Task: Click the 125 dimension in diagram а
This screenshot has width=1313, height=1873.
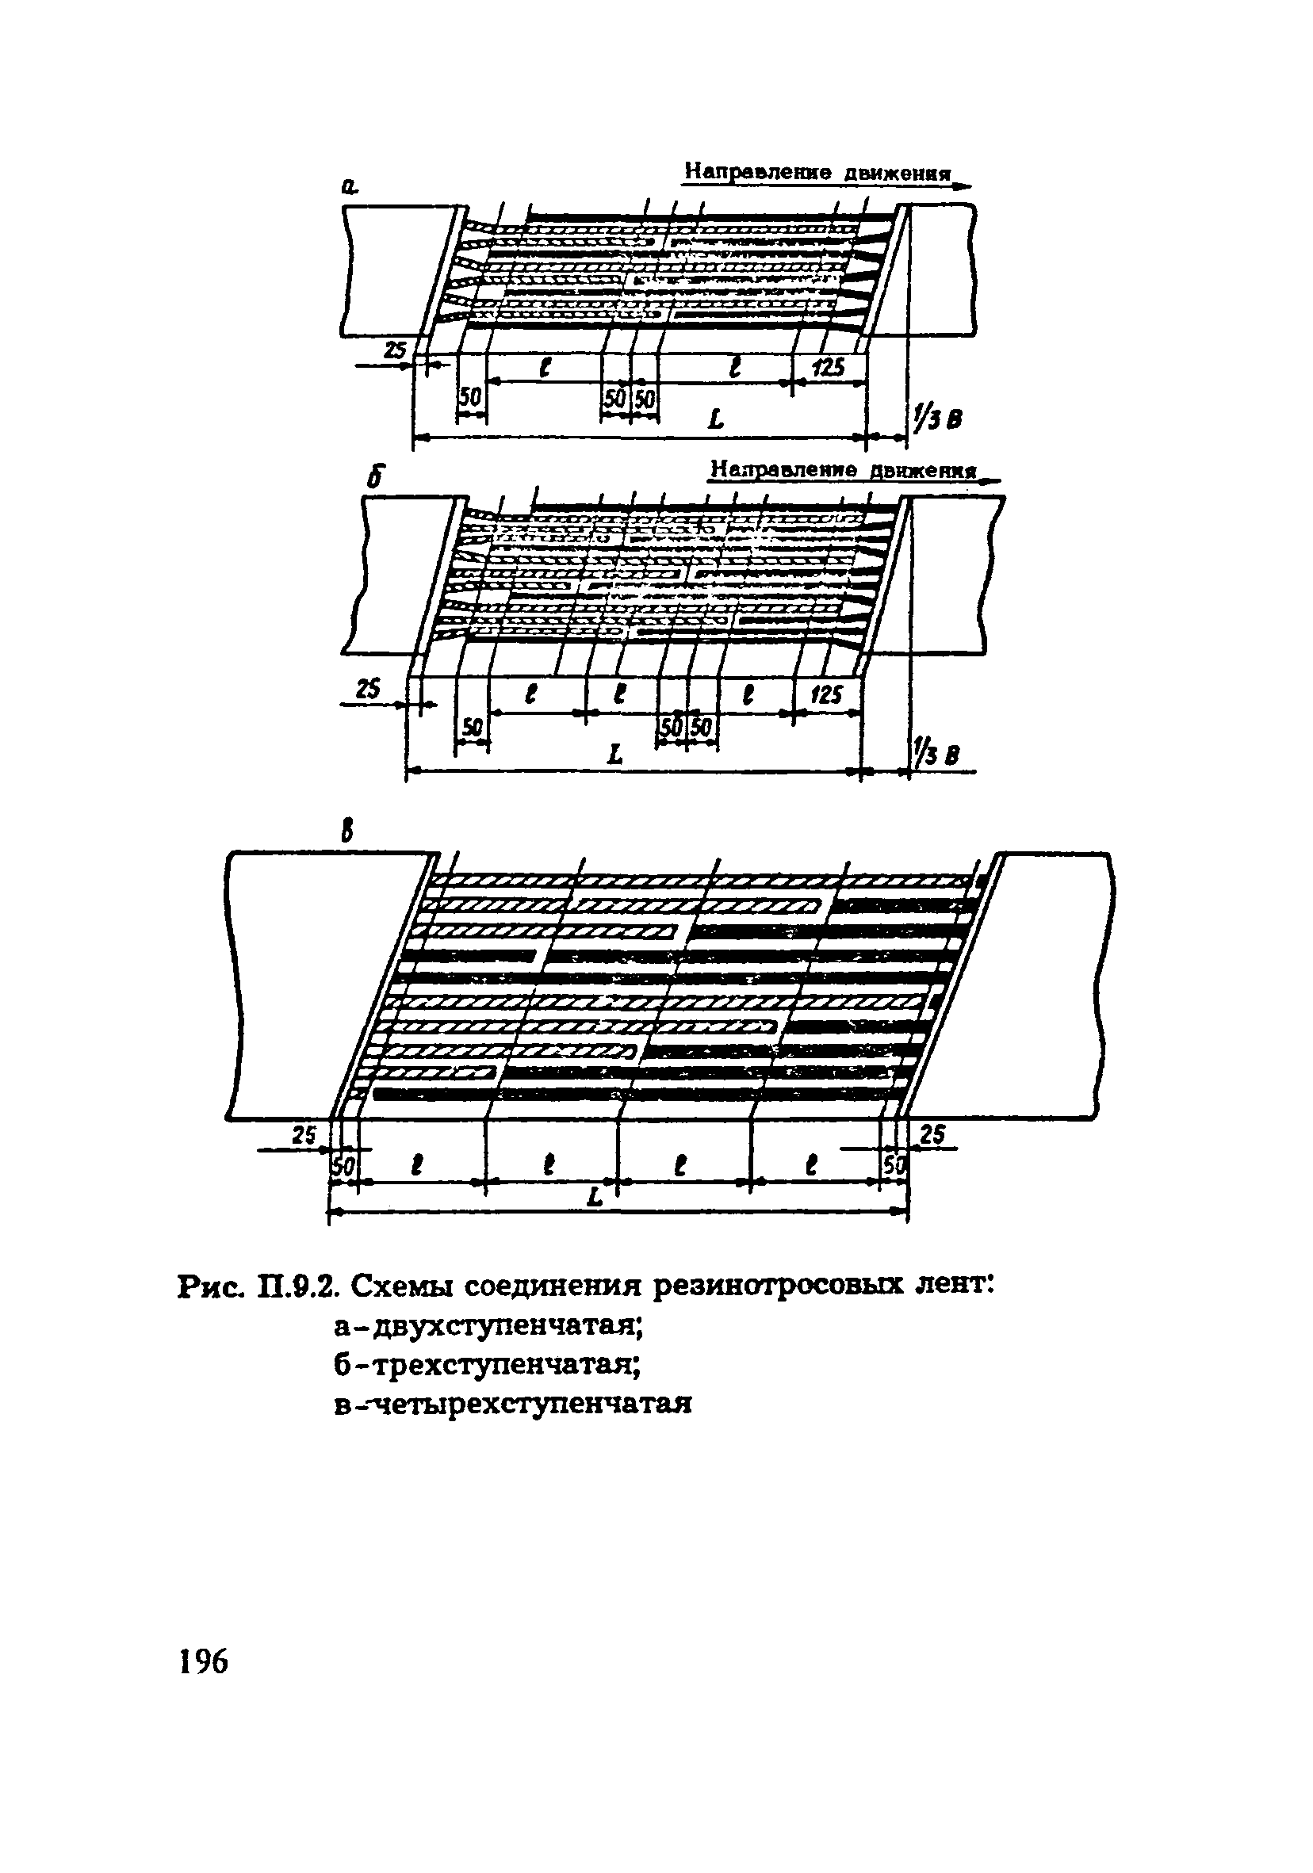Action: tap(828, 367)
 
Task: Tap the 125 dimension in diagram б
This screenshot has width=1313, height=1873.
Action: tap(826, 694)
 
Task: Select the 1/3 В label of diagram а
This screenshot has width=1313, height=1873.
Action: tap(937, 419)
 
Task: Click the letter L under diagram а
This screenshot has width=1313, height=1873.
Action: tap(716, 420)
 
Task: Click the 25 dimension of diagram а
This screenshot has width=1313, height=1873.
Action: tap(395, 351)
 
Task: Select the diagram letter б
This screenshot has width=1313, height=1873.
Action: tap(375, 477)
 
